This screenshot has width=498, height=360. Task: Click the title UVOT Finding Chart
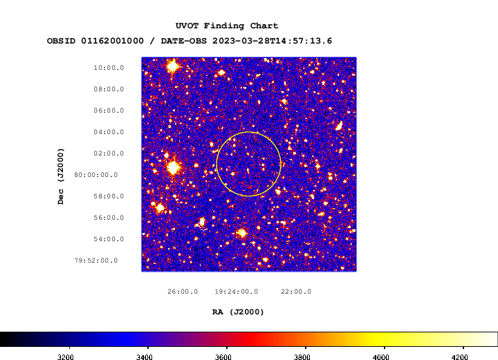coord(227,26)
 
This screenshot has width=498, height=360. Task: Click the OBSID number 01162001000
coord(113,41)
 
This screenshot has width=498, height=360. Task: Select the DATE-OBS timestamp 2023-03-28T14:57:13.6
coord(273,41)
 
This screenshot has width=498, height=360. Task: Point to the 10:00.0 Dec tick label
coord(109,68)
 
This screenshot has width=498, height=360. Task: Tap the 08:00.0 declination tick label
coord(109,89)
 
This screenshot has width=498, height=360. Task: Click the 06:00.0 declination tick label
coord(109,111)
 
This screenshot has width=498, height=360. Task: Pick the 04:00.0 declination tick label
coord(109,132)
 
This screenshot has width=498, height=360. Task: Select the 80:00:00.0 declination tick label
coord(96,175)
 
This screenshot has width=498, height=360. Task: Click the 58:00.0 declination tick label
coord(109,196)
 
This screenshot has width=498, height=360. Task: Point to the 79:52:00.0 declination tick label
coord(96,260)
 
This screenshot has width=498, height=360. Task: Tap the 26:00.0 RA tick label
coord(183,292)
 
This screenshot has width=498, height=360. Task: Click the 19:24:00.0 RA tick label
coord(237,292)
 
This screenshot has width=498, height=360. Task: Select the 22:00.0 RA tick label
coord(296,292)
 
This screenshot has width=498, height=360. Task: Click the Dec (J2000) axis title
coord(61,176)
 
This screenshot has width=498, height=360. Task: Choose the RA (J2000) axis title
coord(238,312)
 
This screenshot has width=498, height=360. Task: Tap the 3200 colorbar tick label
coord(66,357)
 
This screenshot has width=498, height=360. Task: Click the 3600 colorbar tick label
coord(223,357)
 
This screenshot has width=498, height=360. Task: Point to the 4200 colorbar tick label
coord(459,357)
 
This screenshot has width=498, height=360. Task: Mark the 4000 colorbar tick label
coord(381,357)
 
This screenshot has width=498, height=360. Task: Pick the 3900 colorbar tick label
coord(302,357)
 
